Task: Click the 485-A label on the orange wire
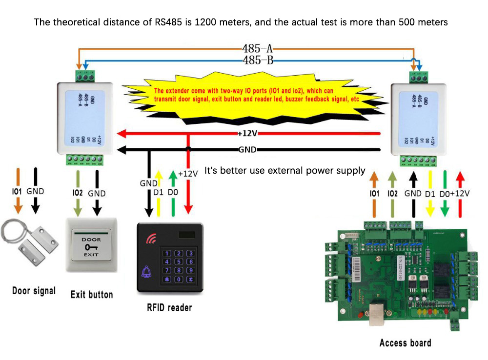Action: (x=257, y=49)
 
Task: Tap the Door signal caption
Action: (x=34, y=291)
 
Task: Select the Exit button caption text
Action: (x=92, y=294)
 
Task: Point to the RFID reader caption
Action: (x=169, y=307)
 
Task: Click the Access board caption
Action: (x=405, y=342)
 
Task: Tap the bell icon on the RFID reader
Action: (x=146, y=274)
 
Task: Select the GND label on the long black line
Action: (x=247, y=149)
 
